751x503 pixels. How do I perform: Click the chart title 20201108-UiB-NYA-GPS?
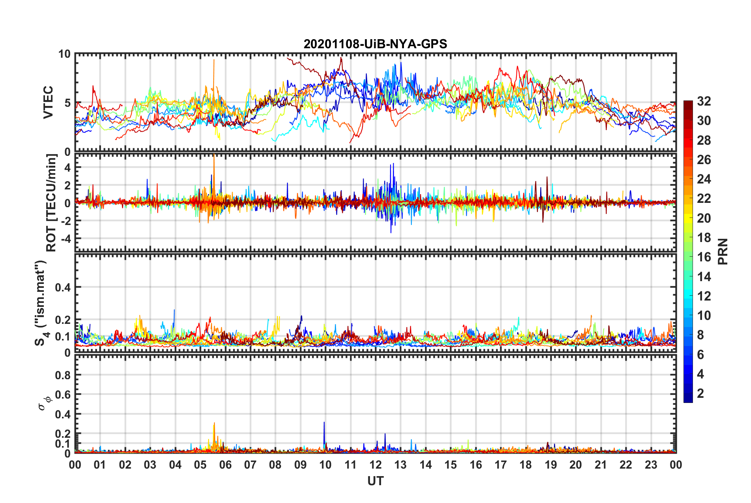point(375,44)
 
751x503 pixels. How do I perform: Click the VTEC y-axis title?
point(48,102)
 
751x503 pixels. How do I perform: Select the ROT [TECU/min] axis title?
point(51,203)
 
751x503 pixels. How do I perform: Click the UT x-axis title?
point(375,481)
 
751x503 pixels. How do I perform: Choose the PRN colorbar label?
point(723,251)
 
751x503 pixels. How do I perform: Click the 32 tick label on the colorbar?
point(704,101)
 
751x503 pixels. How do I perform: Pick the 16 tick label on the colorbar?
point(704,257)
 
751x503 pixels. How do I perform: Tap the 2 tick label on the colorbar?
point(700,393)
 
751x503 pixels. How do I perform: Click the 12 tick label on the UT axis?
point(375,465)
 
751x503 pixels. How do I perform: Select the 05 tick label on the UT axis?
point(200,465)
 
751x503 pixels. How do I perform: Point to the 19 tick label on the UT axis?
point(551,465)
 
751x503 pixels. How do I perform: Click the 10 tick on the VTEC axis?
point(64,54)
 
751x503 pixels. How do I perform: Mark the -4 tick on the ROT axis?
point(64,239)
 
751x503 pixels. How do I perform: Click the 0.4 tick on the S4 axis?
point(63,287)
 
